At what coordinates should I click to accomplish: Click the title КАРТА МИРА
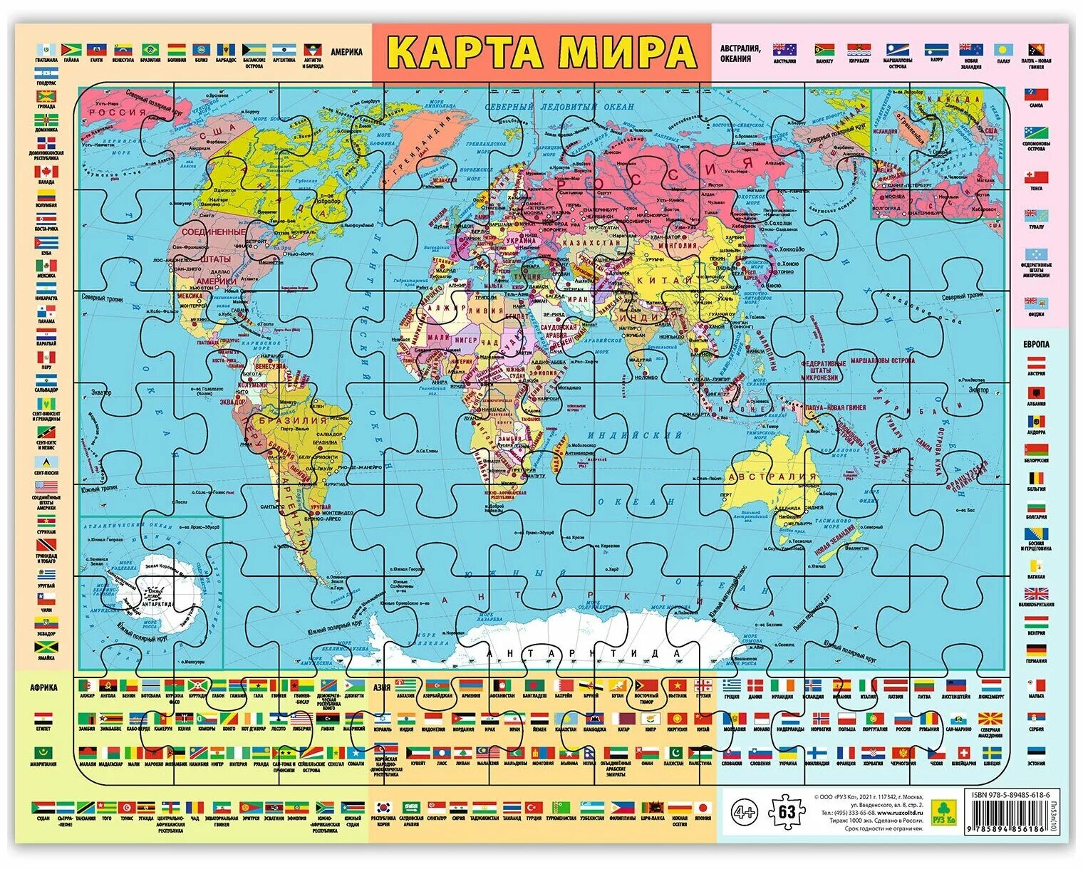point(542,52)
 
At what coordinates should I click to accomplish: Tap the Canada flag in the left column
point(46,172)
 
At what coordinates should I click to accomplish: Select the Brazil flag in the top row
point(150,49)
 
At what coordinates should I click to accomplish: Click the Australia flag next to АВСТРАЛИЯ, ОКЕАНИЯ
point(784,50)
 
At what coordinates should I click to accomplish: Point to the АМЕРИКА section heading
point(346,52)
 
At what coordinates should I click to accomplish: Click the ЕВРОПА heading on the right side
point(1036,344)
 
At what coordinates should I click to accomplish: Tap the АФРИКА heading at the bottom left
point(43,687)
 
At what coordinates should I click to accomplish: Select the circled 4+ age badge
point(745,811)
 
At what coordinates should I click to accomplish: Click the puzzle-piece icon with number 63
point(786,811)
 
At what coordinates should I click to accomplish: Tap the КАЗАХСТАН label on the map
point(591,243)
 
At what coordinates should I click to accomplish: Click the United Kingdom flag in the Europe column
point(1036,593)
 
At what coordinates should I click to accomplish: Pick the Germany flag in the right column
point(1036,650)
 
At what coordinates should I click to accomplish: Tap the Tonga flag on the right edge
point(1036,177)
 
